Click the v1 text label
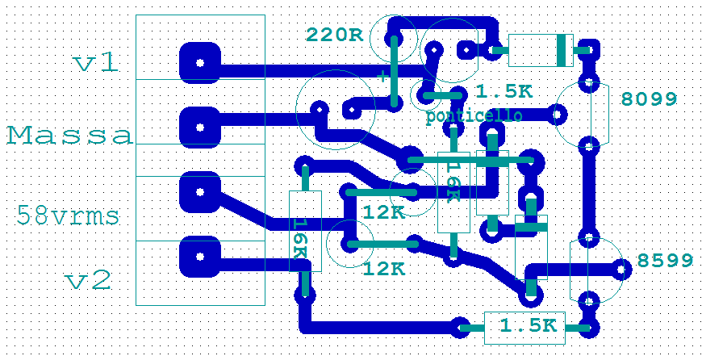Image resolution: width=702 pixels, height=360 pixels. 95,63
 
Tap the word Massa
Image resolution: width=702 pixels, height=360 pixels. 69,135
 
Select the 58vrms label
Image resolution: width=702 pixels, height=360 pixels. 68,216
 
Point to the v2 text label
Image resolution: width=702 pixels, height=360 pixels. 89,281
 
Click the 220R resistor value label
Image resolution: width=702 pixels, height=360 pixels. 334,35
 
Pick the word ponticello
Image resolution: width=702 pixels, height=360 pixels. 474,116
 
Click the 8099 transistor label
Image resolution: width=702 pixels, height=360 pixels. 649,99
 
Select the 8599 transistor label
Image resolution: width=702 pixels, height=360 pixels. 665,261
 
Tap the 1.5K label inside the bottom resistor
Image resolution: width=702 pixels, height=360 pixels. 528,326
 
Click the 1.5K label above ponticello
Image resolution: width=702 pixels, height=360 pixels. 504,92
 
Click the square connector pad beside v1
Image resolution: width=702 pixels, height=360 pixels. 198,62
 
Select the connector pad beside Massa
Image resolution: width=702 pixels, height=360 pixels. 198,125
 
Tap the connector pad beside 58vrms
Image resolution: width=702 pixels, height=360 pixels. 198,191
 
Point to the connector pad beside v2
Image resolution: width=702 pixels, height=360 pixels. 198,256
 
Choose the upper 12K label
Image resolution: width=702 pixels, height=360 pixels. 384,213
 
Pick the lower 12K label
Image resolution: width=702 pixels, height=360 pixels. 384,269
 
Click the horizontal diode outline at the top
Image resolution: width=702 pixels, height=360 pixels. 540,50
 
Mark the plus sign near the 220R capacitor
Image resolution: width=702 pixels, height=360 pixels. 381,75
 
